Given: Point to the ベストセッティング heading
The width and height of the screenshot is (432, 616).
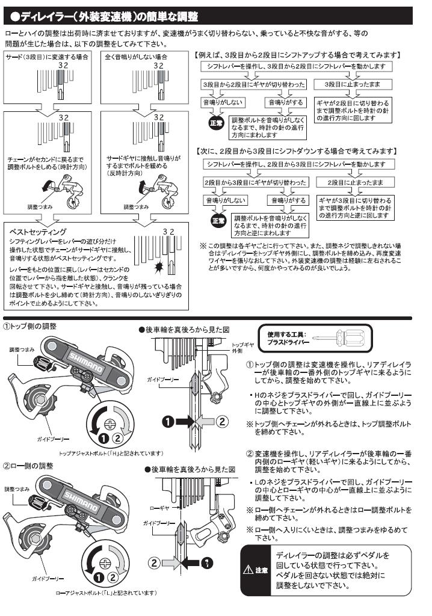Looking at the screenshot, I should click(x=39, y=232).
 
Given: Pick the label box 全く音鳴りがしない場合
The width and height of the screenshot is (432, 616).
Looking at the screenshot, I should click(x=136, y=56).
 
